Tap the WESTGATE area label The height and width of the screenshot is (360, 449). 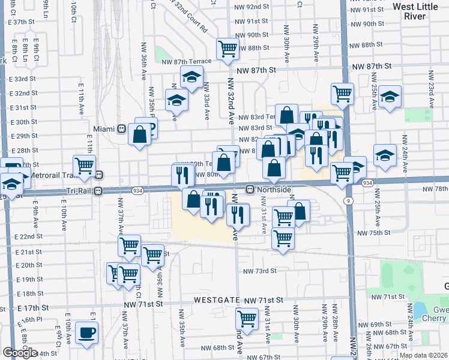click(x=215, y=299)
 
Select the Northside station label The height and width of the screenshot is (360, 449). click(x=274, y=190)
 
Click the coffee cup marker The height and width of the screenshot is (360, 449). click(x=87, y=332)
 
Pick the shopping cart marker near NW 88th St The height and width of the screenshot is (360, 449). click(x=228, y=48)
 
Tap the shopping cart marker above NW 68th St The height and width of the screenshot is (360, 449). click(x=247, y=318)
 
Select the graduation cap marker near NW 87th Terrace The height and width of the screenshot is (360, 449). click(x=191, y=77)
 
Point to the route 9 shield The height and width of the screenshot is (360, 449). click(x=348, y=200)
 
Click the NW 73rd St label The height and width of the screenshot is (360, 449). click(x=259, y=271)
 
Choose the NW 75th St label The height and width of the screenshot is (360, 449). click(x=374, y=233)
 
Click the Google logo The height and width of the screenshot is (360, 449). click(x=20, y=353)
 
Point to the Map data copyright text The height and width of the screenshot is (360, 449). click(x=424, y=355)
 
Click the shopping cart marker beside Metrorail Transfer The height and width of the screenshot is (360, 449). click(x=84, y=165)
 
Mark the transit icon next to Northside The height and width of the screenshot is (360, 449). click(x=249, y=190)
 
